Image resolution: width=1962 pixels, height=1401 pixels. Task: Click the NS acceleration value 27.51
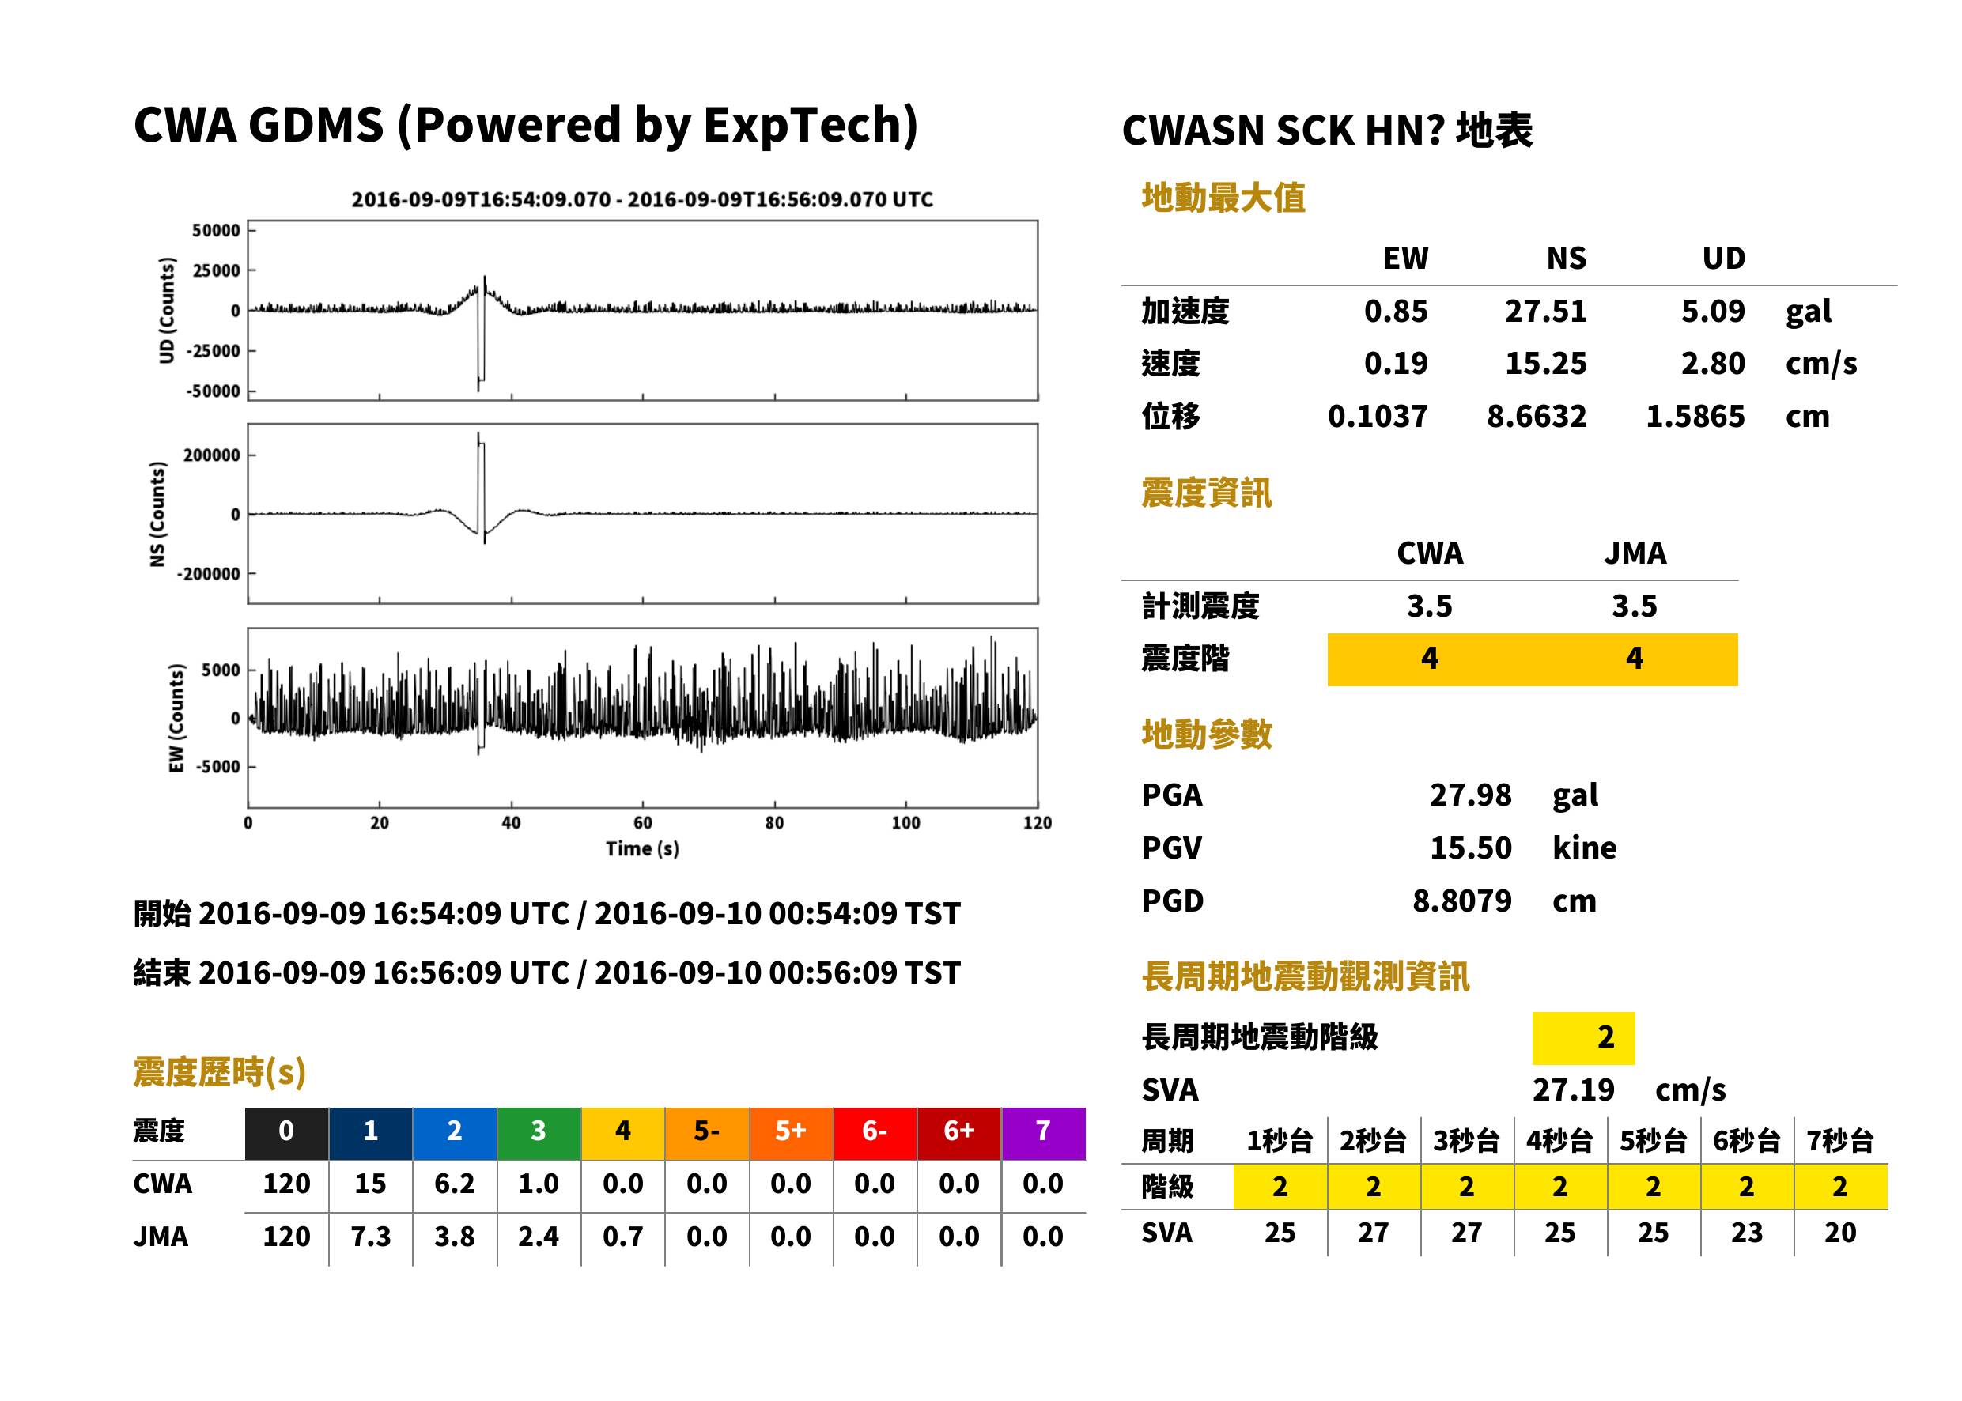click(x=1545, y=312)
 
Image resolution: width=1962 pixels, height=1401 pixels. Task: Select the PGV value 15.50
click(x=1470, y=848)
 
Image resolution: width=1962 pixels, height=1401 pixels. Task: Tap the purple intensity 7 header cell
click(x=1043, y=1131)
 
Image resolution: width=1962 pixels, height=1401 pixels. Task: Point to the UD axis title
click(x=167, y=311)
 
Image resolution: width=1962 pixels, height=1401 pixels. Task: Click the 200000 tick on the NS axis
click(x=211, y=455)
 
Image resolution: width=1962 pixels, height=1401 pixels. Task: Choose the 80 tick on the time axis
click(x=774, y=823)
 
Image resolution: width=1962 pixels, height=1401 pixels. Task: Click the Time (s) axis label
click(x=642, y=849)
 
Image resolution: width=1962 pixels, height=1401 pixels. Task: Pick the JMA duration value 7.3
click(x=370, y=1237)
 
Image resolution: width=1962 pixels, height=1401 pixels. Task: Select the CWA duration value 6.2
click(x=454, y=1184)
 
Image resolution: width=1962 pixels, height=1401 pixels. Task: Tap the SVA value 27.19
click(x=1573, y=1090)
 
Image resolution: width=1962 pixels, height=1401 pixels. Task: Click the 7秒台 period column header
click(x=1839, y=1142)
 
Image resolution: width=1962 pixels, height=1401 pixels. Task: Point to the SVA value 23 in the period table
click(x=1746, y=1233)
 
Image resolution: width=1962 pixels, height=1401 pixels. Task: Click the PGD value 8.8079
click(x=1461, y=901)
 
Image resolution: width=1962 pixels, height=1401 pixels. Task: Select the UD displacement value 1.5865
click(x=1695, y=417)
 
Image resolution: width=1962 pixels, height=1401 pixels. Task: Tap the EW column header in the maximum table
click(x=1405, y=259)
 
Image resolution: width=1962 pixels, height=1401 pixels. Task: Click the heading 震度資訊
click(x=1206, y=493)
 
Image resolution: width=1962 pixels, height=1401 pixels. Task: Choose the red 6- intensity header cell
click(x=875, y=1131)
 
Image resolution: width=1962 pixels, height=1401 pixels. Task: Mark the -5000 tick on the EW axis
click(x=217, y=767)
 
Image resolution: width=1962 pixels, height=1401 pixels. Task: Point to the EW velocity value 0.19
click(x=1395, y=364)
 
